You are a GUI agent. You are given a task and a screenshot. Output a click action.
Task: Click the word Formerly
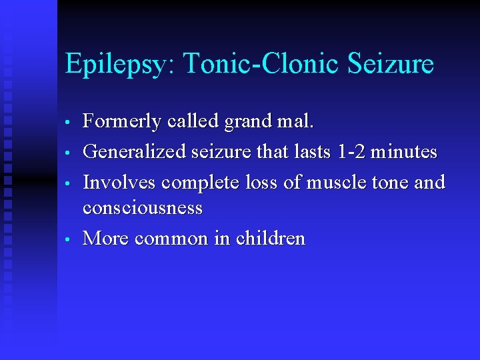tap(121, 122)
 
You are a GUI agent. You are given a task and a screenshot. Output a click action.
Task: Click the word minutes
tap(404, 152)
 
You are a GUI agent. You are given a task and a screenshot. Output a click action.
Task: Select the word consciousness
tap(142, 208)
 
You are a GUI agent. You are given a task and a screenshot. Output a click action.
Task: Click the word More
tap(105, 238)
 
